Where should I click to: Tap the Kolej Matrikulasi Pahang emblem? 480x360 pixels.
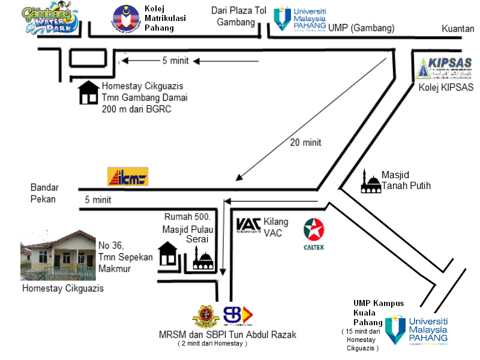[x=125, y=18]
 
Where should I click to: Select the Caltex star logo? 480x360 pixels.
[x=314, y=230]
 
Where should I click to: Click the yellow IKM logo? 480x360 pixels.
[x=127, y=176]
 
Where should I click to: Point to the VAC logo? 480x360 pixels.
[x=248, y=224]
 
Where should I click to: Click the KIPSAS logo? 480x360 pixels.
[x=443, y=68]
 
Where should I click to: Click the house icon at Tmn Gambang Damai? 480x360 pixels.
[x=89, y=92]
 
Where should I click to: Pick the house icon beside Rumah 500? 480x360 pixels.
[x=168, y=254]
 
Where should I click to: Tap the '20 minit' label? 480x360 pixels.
[x=305, y=143]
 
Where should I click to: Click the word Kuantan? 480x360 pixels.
[x=458, y=28]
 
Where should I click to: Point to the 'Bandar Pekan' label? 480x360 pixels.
[x=43, y=193]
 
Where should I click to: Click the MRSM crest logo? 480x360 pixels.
[x=206, y=316]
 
